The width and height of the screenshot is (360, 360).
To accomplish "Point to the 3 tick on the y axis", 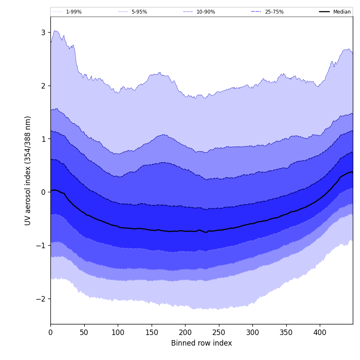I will point(43,32).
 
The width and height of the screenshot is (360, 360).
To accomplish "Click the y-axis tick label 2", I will point(43,86).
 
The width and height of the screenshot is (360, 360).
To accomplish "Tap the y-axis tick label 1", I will point(43,139).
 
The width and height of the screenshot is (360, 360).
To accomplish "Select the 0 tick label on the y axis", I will point(43,192).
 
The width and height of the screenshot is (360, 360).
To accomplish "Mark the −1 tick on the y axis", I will point(41,246).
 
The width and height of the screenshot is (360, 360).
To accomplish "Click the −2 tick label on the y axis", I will point(41,299).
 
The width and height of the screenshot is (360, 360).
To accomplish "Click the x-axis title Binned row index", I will point(202,343).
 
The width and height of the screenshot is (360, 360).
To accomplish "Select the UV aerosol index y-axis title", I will point(28,171).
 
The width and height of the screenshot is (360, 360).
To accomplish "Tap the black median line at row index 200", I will point(185,231).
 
